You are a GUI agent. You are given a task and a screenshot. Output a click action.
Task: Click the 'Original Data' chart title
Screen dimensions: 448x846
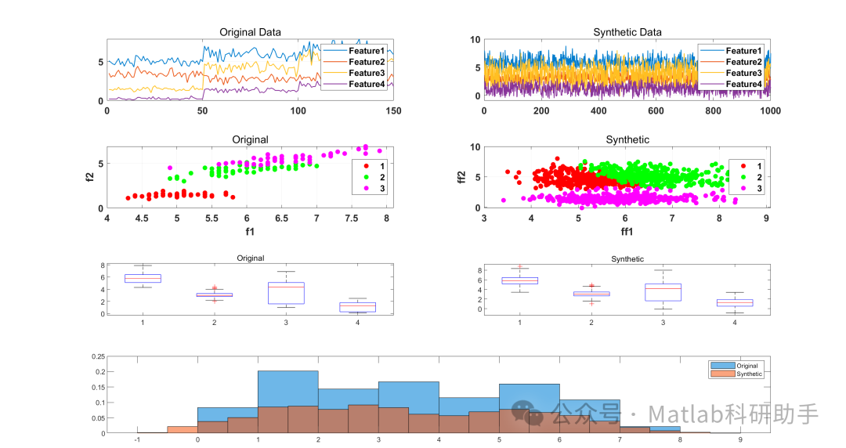(x=250, y=32)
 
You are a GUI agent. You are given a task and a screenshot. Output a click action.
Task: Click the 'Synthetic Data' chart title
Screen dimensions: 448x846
(x=627, y=32)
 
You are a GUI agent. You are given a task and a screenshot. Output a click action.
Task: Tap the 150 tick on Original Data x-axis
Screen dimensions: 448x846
(x=393, y=111)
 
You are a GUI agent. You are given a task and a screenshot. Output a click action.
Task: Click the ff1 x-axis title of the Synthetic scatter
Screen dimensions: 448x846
(x=627, y=232)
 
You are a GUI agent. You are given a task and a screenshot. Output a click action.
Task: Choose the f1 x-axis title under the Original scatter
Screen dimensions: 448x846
(x=250, y=232)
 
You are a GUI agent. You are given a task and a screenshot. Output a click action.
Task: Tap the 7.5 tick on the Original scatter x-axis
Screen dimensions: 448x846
(x=351, y=219)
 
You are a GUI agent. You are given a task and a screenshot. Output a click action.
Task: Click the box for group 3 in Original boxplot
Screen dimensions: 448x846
(x=286, y=293)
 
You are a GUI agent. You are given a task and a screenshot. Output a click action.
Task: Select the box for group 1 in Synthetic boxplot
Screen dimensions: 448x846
(x=519, y=280)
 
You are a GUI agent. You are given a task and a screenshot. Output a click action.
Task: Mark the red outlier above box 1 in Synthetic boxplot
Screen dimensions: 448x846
(x=519, y=267)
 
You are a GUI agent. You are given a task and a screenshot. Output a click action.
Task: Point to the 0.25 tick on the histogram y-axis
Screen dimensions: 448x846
(x=99, y=356)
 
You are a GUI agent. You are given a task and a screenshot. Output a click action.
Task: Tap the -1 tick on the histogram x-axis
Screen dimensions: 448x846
(x=137, y=440)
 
